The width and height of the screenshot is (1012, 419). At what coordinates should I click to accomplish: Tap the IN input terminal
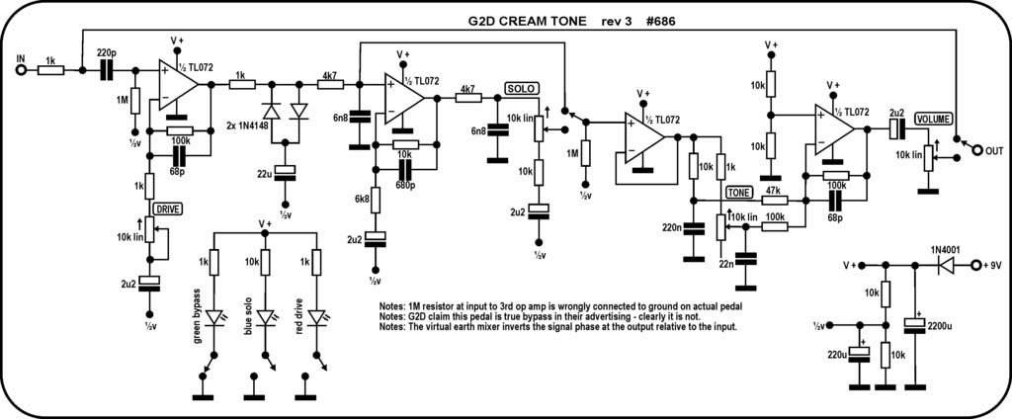[20, 70]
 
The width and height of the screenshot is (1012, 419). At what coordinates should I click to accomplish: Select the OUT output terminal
[976, 149]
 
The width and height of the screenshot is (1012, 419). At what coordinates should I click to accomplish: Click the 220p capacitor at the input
[105, 70]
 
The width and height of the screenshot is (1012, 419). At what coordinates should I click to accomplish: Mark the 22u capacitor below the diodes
[285, 174]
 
